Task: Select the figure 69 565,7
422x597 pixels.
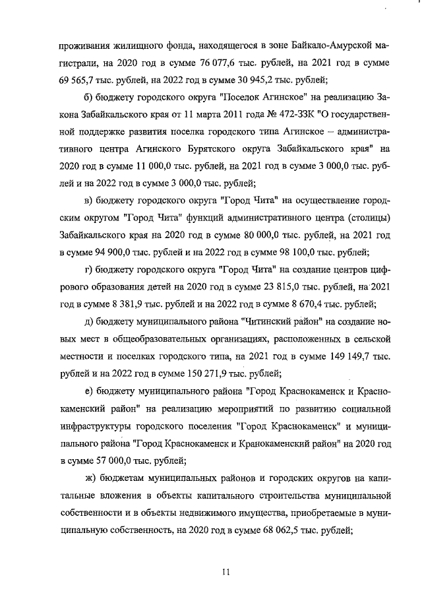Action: click(x=80, y=81)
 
